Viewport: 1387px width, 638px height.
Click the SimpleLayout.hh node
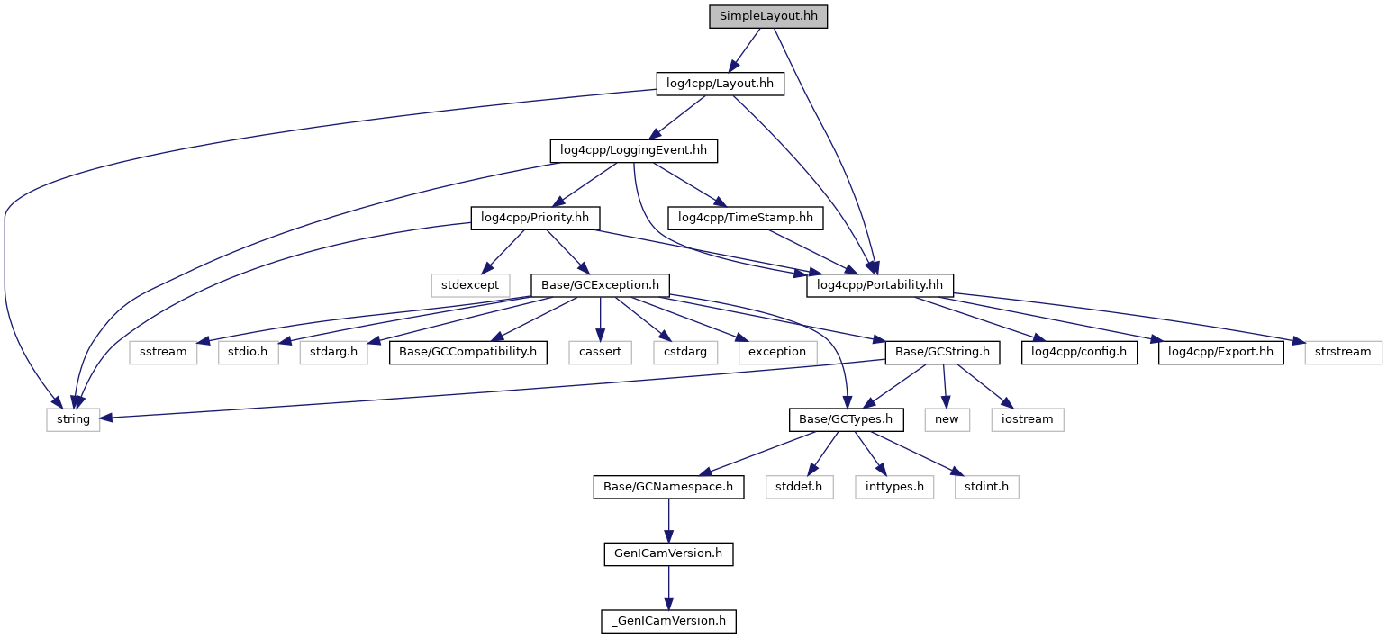[767, 16]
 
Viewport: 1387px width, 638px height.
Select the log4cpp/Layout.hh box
[720, 84]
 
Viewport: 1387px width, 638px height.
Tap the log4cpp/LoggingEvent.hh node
[633, 150]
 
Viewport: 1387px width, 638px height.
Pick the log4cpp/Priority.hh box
[535, 218]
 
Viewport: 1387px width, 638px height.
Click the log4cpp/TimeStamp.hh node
[745, 218]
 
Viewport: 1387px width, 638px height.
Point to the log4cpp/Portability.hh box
[879, 285]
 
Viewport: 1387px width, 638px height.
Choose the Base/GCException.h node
[601, 285]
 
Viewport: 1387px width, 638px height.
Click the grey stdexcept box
[469, 285]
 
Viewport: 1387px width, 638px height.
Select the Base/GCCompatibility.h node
[468, 352]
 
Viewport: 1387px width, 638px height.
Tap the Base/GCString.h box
[943, 352]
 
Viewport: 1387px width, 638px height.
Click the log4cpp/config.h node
[1079, 352]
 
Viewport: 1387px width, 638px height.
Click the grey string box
[74, 419]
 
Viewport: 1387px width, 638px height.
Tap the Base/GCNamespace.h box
[668, 487]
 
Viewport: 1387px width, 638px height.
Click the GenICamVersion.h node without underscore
[668, 553]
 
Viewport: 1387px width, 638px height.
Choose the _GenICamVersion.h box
[668, 621]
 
